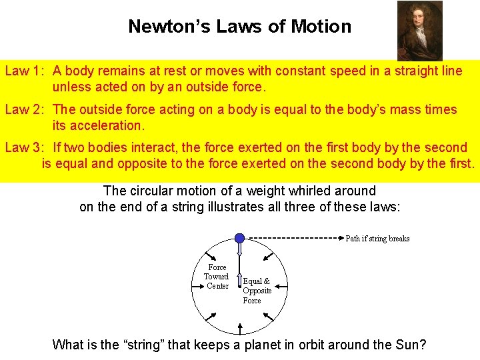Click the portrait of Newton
point(419,31)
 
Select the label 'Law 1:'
point(25,71)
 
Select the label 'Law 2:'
point(25,109)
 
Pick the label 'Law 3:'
point(25,147)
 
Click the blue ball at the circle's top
point(239,237)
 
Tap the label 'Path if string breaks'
point(377,239)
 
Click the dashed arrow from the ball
point(293,237)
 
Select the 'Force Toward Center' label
point(217,277)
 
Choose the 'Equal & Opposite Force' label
point(257,291)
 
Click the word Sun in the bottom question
point(409,345)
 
